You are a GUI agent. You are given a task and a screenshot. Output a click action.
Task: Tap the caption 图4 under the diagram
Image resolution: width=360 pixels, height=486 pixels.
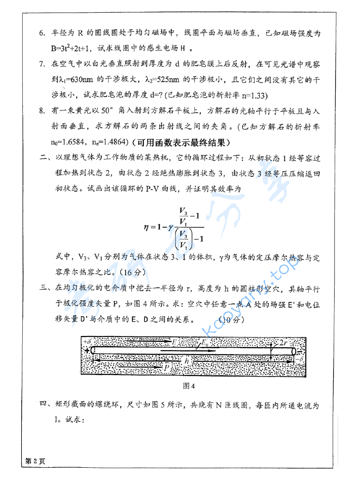[189, 387]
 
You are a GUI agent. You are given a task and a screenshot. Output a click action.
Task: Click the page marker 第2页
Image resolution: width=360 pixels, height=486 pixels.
[34, 461]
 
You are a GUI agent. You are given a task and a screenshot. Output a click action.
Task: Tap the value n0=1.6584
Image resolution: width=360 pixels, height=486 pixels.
[72, 142]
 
